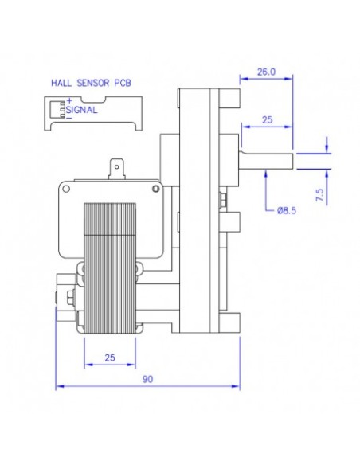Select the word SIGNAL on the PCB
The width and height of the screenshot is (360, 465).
[83, 111]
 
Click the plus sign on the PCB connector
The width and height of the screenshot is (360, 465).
[71, 100]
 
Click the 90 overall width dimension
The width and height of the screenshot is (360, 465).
[147, 381]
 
